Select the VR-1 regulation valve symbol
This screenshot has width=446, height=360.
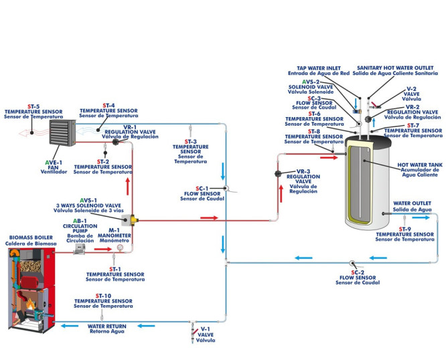tap(115, 142)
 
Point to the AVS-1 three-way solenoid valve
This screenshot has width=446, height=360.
tap(134, 218)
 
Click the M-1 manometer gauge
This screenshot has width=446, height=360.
tap(119, 248)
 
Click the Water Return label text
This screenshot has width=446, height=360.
tap(106, 327)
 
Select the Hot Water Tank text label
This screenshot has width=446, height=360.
tap(419, 167)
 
